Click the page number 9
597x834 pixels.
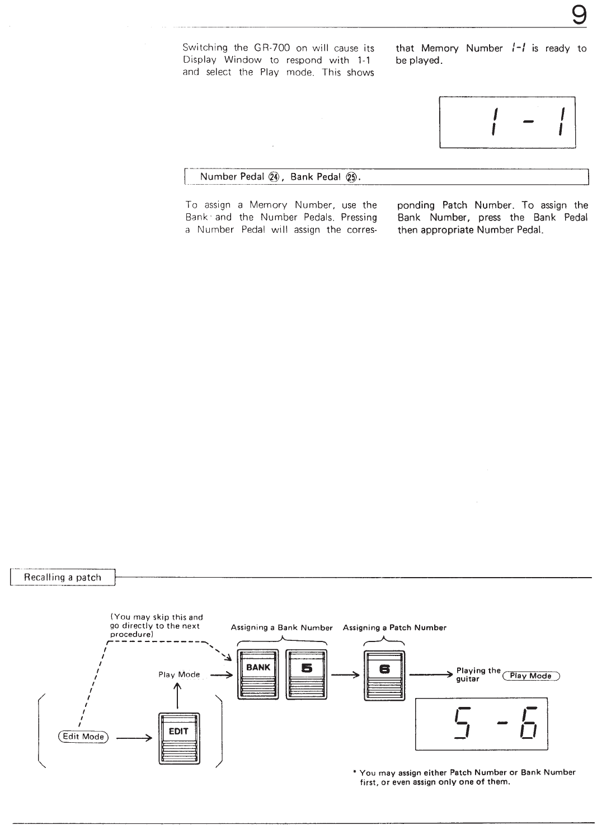[x=579, y=15]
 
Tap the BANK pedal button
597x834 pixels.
[x=258, y=674]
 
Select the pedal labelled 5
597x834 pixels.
[x=306, y=674]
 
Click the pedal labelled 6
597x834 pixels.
[x=384, y=675]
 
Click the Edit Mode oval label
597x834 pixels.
[x=83, y=737]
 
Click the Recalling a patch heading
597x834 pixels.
[x=63, y=577]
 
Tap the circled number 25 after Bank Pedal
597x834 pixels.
[x=351, y=177]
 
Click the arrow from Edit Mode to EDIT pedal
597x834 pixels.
[x=134, y=737]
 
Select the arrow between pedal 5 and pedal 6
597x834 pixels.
[x=345, y=674]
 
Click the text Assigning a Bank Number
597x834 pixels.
[x=281, y=627]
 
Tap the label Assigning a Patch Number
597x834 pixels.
[x=394, y=627]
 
